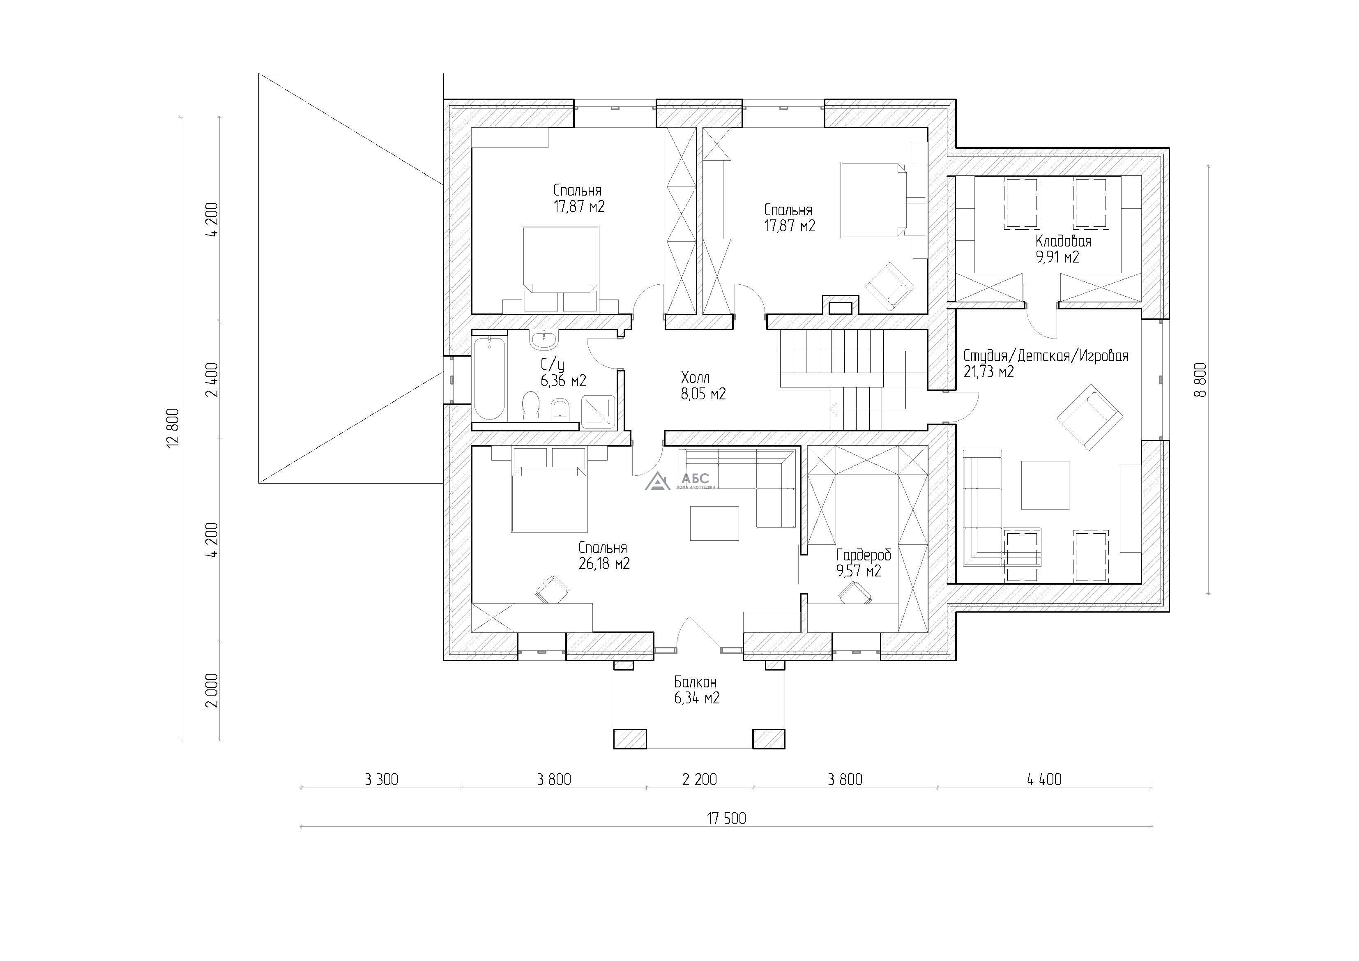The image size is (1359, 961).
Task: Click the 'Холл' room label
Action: pos(696,378)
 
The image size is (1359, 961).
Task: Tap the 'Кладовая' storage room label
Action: pos(1063,241)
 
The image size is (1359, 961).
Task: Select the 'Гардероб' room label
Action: pos(863,555)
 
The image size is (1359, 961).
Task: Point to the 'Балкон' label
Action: pos(696,682)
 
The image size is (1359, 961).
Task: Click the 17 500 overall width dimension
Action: pos(726,818)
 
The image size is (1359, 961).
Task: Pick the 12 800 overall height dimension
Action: pos(173,428)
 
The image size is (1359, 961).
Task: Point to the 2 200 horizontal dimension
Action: pos(700,779)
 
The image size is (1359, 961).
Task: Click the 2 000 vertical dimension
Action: pos(212,690)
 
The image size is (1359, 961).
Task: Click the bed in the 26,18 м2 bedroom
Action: pos(549,498)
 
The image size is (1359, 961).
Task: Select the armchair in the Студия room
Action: pos(1090,417)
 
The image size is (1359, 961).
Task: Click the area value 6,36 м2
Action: pos(564,381)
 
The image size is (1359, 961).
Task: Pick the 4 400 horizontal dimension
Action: pos(1044,779)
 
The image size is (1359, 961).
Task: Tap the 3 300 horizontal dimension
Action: pos(381,779)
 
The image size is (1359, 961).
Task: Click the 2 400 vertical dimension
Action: pos(212,380)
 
